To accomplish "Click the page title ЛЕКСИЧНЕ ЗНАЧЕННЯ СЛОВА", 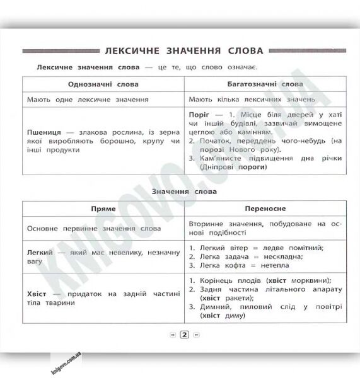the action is click(x=184, y=50).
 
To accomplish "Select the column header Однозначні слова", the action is click(x=103, y=84).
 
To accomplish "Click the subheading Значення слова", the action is click(x=184, y=191).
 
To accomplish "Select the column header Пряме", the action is click(x=103, y=207).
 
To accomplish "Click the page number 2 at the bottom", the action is click(x=184, y=336).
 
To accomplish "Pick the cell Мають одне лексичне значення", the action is click(x=88, y=100).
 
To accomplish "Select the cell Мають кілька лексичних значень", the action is click(x=252, y=100).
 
